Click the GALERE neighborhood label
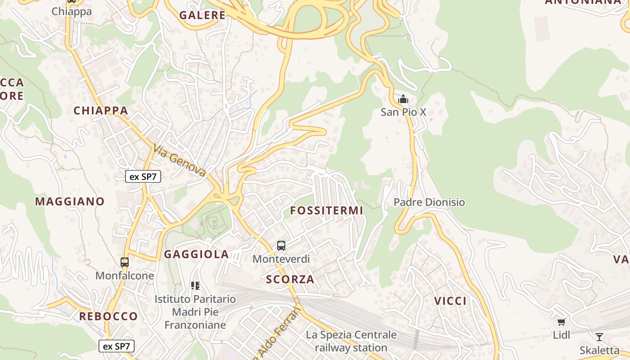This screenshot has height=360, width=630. (x=202, y=15)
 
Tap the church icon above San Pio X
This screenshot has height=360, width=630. (x=403, y=99)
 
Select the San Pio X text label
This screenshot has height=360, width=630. (x=403, y=112)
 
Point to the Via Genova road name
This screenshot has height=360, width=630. (x=180, y=160)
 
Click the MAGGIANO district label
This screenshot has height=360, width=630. (x=70, y=202)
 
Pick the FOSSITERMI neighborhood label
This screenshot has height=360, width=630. (x=326, y=211)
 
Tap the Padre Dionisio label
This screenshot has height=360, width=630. (x=429, y=202)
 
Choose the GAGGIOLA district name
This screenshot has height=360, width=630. (x=197, y=254)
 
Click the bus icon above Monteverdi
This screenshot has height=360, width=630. (x=281, y=246)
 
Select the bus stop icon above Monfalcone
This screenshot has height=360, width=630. (x=125, y=262)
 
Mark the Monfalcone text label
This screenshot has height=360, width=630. (x=125, y=275)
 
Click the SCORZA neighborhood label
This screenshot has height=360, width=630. (x=290, y=279)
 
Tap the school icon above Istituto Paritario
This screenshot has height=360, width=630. (x=195, y=285)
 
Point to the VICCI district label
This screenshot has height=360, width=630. (x=450, y=301)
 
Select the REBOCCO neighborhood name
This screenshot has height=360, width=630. (x=108, y=316)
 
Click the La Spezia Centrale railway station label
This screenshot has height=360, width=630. (x=351, y=341)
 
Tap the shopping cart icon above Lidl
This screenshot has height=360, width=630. (x=561, y=322)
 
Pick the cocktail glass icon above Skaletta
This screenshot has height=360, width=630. (x=599, y=337)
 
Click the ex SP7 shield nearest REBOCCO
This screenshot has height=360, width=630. (x=117, y=346)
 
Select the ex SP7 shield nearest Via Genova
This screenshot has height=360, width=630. (x=143, y=176)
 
